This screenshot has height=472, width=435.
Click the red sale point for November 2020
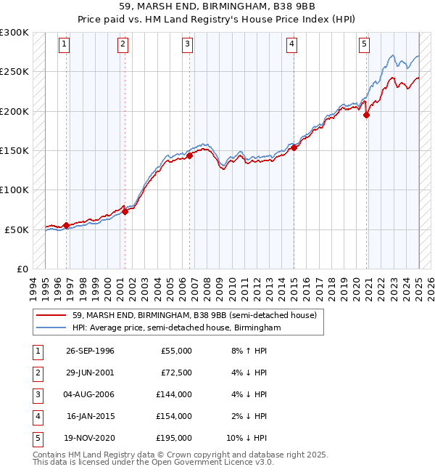367,115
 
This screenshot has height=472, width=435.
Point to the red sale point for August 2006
189,155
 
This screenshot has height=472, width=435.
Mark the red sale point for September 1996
67,225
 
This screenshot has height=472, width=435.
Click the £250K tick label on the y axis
14,72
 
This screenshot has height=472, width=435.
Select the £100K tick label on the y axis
14,190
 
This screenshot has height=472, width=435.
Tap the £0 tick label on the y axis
21,269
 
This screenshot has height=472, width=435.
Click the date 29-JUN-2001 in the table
90,373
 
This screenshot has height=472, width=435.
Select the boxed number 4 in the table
36,416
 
